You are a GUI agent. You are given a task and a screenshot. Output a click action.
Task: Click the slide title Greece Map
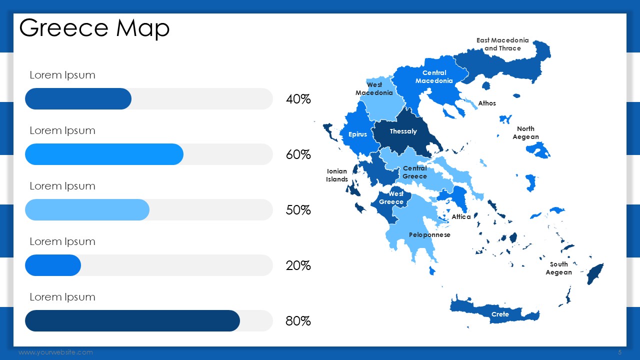(94, 28)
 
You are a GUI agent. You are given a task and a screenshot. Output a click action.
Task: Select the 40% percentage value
(298, 99)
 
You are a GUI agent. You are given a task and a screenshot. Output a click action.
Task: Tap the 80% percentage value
(298, 321)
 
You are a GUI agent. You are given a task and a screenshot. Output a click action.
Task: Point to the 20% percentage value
(298, 265)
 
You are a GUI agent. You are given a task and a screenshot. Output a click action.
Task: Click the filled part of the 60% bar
(104, 154)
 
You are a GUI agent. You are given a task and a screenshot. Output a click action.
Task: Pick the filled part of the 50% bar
(87, 209)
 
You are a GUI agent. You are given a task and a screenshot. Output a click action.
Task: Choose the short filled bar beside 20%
(53, 265)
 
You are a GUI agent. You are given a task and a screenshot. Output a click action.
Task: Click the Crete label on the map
(500, 314)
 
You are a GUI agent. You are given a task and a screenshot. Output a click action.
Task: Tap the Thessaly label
(403, 131)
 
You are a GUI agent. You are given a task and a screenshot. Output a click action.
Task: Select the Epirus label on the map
(357, 134)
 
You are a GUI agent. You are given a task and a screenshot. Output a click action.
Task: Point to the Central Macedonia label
(434, 77)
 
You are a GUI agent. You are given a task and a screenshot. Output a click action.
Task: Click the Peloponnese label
(429, 235)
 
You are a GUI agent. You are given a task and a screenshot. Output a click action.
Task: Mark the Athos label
(487, 103)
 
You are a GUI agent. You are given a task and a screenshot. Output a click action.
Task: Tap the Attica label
(461, 217)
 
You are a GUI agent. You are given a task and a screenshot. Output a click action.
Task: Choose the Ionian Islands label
(337, 175)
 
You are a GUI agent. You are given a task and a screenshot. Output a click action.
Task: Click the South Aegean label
(558, 268)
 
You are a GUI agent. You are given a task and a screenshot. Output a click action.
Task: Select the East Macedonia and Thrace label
(502, 44)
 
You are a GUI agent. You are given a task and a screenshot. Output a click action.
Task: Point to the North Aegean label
(525, 133)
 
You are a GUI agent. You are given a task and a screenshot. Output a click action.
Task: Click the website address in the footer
(55, 352)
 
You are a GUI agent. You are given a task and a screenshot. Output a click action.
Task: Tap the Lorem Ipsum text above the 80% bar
(62, 297)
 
